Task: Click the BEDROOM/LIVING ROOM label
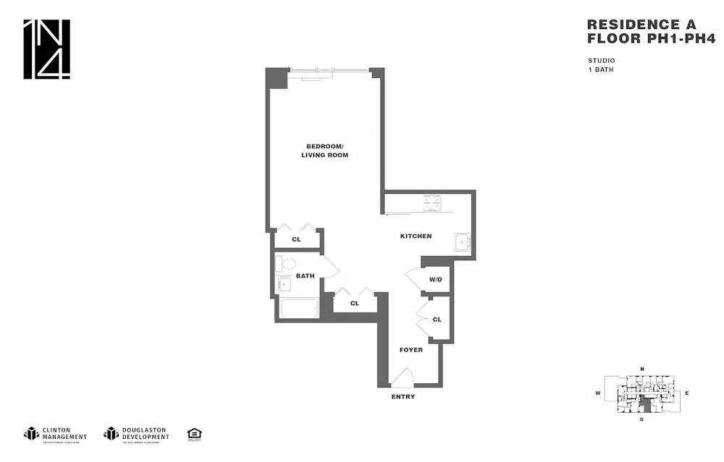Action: pyautogui.click(x=325, y=150)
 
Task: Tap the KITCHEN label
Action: pyautogui.click(x=416, y=236)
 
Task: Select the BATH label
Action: pyautogui.click(x=305, y=275)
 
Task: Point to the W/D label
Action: pyautogui.click(x=435, y=279)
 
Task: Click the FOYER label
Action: pyautogui.click(x=411, y=350)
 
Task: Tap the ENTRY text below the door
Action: pyautogui.click(x=403, y=397)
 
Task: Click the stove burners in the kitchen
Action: pyautogui.click(x=432, y=203)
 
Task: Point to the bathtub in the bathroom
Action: pyautogui.click(x=299, y=309)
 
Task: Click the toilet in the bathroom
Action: pyautogui.click(x=288, y=264)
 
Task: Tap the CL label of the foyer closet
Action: pyautogui.click(x=437, y=320)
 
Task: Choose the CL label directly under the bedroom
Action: pyautogui.click(x=296, y=239)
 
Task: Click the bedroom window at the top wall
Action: pyautogui.click(x=328, y=71)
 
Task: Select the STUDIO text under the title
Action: pyautogui.click(x=602, y=60)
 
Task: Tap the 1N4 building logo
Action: pyautogui.click(x=47, y=49)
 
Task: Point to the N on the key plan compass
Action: pyautogui.click(x=641, y=369)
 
